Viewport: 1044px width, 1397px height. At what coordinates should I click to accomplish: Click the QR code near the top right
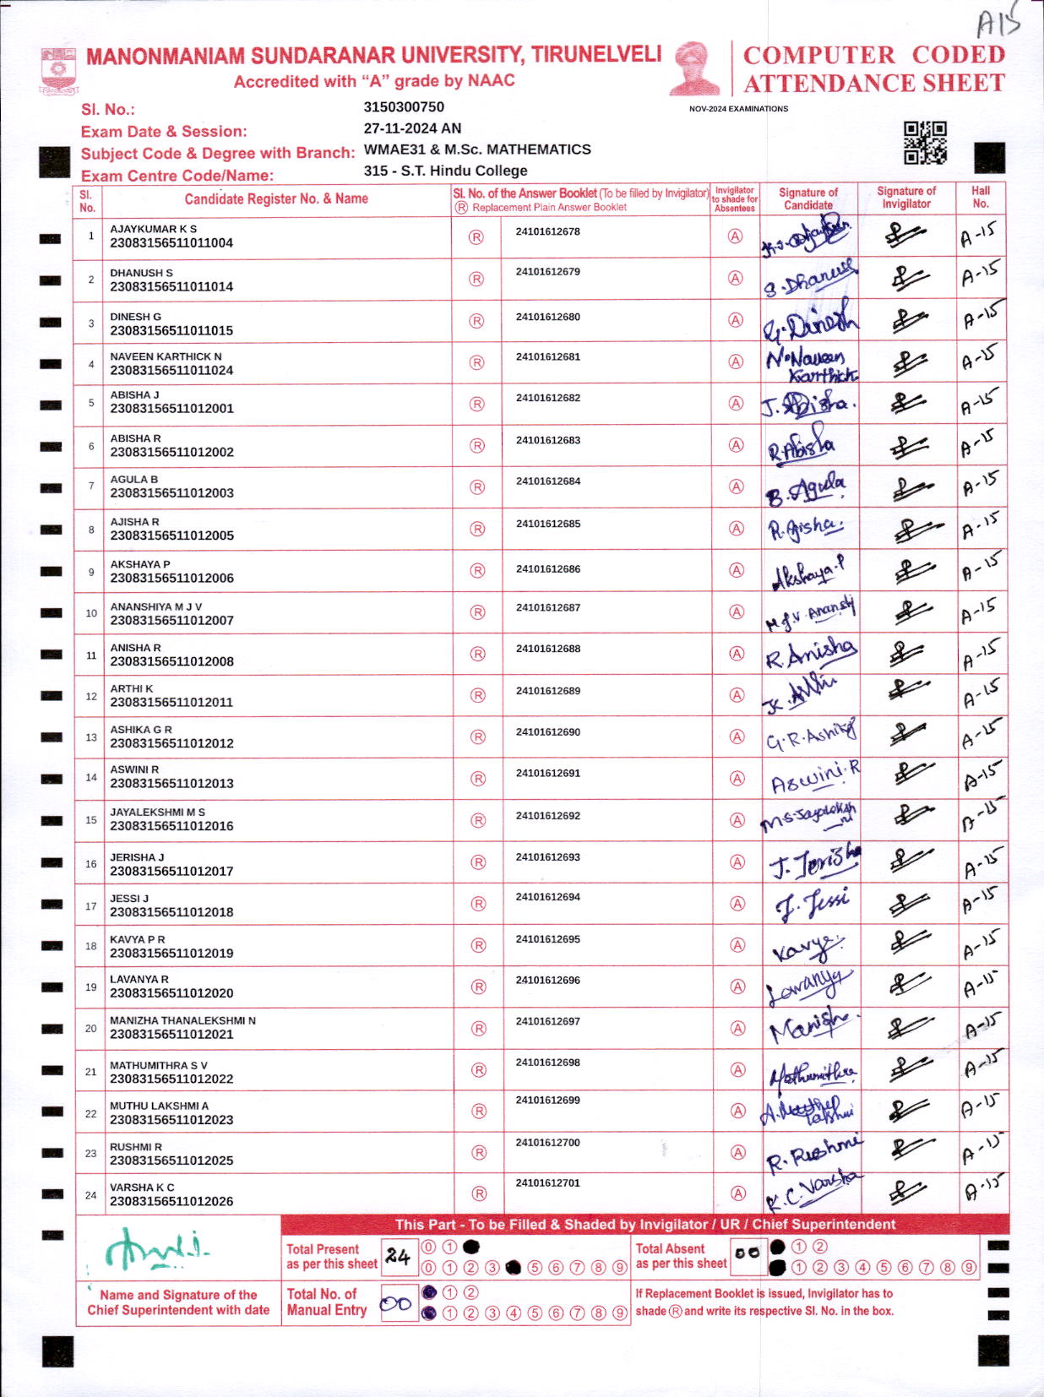(925, 142)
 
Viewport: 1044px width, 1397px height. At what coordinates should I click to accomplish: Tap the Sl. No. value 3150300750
(404, 107)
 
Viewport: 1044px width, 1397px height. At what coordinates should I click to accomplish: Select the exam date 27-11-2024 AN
(412, 128)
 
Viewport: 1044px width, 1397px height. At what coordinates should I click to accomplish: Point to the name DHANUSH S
(141, 273)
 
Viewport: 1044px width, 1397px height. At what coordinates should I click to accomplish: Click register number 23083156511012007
(171, 621)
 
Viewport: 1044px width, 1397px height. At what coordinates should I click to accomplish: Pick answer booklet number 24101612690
(548, 732)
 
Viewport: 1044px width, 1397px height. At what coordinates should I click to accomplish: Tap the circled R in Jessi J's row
(479, 904)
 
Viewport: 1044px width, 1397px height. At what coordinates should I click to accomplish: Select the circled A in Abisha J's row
(737, 404)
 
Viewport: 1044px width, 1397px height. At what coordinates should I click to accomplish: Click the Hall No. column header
(980, 197)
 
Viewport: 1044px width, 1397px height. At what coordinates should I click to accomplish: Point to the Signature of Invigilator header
(905, 197)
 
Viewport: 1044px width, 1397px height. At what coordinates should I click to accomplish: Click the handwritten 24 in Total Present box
(397, 1257)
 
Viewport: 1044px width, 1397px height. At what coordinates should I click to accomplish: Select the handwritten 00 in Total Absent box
(748, 1254)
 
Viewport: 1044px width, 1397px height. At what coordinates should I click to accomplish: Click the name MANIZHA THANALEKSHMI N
(182, 1020)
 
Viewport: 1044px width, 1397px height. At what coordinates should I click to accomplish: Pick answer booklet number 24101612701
(548, 1183)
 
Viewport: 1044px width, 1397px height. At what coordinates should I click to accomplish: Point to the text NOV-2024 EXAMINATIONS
(738, 109)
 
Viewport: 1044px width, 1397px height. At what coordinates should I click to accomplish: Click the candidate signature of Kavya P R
(807, 948)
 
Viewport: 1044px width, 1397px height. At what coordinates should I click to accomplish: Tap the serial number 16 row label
(91, 864)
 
